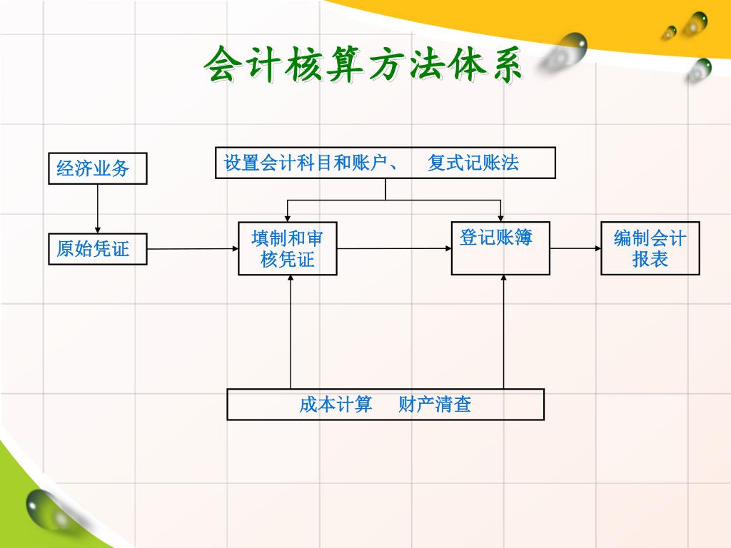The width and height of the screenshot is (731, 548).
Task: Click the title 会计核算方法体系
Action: (363, 66)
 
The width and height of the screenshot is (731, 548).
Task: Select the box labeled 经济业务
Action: (98, 168)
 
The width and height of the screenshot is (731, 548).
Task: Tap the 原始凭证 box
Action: (98, 249)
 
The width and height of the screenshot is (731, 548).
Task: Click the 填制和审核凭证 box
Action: (288, 248)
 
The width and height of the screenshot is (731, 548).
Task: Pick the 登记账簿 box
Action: (500, 248)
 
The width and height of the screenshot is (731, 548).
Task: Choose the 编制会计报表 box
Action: (650, 248)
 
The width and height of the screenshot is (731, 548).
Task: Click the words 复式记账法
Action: (473, 163)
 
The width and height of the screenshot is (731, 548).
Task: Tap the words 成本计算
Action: (336, 405)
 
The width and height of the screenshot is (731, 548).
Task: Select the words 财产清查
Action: (435, 405)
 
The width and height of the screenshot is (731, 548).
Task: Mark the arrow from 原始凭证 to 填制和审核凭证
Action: (193, 249)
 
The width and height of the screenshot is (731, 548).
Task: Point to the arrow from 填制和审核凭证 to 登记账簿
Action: (394, 248)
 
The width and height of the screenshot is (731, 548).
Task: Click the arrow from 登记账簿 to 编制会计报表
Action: (575, 248)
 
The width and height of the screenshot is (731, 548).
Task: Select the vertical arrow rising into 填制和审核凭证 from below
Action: (291, 332)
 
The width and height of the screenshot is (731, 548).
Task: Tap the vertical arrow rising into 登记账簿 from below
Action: (504, 332)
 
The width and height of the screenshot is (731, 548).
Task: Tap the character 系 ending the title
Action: (504, 66)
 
